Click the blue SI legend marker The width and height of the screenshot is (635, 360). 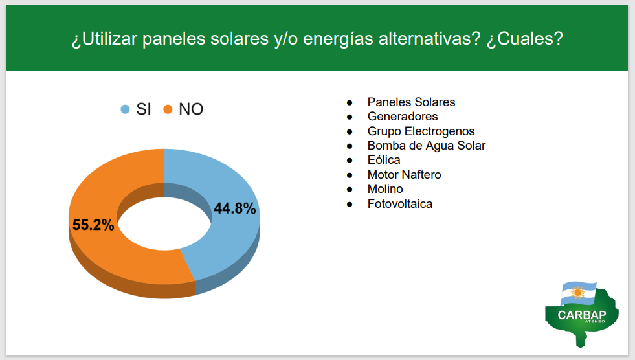pos(125,109)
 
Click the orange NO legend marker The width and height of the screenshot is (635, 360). pos(168,109)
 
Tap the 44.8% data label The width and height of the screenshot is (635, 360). pos(235,208)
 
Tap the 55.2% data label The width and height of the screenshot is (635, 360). pos(93,225)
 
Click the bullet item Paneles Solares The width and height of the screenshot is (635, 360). pos(411,102)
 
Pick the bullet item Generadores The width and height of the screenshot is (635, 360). pos(403,117)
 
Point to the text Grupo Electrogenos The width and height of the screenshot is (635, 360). pos(421,131)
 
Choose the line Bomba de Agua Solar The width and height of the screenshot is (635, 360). pos(426,146)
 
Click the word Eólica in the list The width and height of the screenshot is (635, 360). pos(383,160)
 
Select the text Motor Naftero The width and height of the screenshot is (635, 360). pos(404,175)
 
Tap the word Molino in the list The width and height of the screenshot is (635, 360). pos(385,189)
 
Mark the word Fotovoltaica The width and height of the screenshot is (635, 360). pos(400,204)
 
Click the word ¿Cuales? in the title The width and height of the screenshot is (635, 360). pos(525,39)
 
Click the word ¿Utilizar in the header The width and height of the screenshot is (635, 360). pos(104,39)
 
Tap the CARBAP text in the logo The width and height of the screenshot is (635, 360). pos(581,315)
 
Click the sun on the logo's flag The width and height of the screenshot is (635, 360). pos(577,292)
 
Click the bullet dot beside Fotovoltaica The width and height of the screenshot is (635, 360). pos(350,205)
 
